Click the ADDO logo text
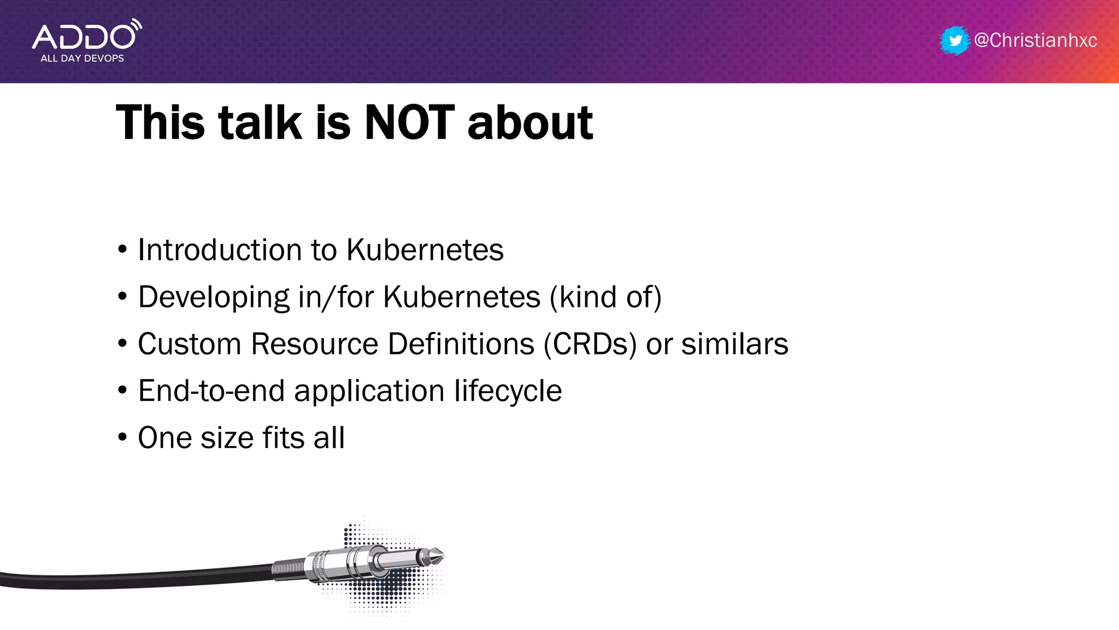pyautogui.click(x=83, y=37)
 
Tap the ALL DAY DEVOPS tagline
pyautogui.click(x=82, y=59)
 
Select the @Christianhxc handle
pyautogui.click(x=1035, y=40)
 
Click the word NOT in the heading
pyautogui.click(x=409, y=122)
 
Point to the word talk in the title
pyautogui.click(x=260, y=122)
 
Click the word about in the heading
pyautogui.click(x=530, y=122)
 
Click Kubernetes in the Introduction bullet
pyautogui.click(x=425, y=250)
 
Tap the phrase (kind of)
pyautogui.click(x=605, y=297)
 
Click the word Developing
pyautogui.click(x=214, y=297)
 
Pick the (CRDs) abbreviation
pyautogui.click(x=590, y=344)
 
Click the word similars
pyautogui.click(x=734, y=344)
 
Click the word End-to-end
pyautogui.click(x=211, y=391)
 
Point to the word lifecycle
pyautogui.click(x=508, y=391)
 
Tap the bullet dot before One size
pyautogui.click(x=122, y=437)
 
